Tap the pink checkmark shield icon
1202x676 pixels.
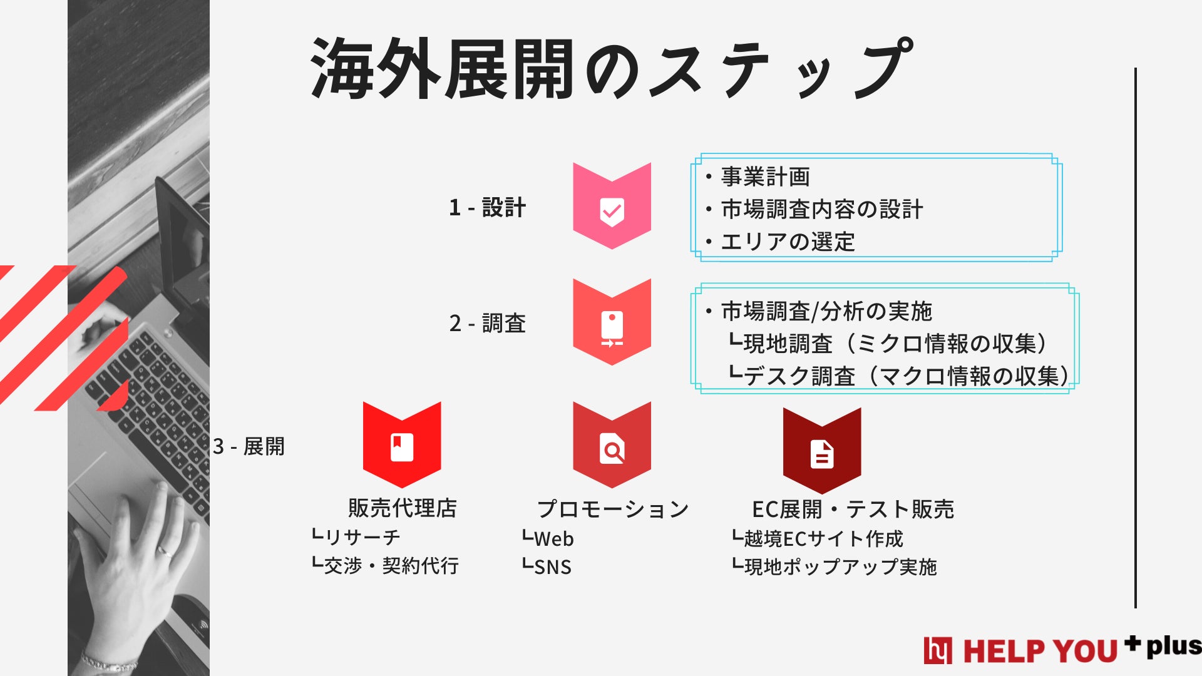(x=612, y=207)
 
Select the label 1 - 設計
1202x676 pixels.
(x=487, y=208)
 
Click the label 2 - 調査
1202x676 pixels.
(x=487, y=324)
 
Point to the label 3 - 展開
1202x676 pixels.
(x=249, y=447)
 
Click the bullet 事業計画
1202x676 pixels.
(x=765, y=177)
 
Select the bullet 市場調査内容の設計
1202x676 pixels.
(x=821, y=210)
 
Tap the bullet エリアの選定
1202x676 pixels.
(x=788, y=242)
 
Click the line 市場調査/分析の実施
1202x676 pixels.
(x=826, y=312)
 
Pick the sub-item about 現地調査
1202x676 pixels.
(x=889, y=344)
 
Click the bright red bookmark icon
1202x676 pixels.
(x=402, y=446)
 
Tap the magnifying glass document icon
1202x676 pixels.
(x=612, y=447)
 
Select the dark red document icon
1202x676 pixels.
(x=822, y=452)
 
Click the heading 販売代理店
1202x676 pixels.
(x=403, y=508)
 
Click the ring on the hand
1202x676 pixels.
(x=166, y=551)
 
